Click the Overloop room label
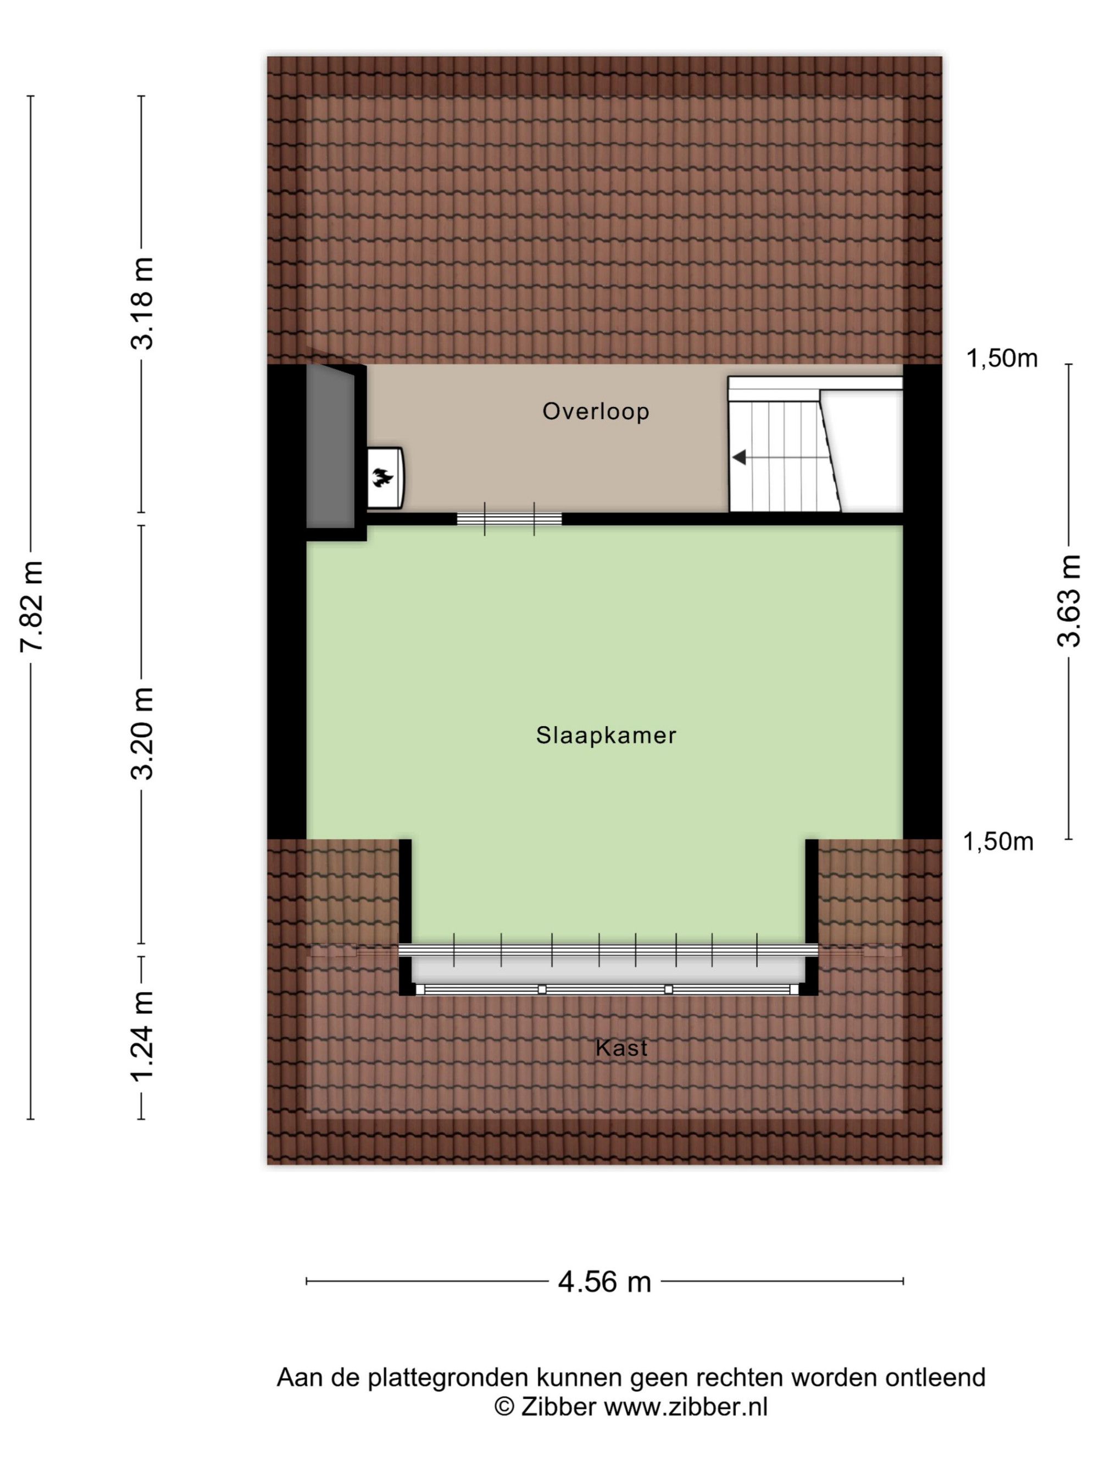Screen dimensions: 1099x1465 click(596, 411)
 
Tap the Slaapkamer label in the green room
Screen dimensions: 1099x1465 click(606, 735)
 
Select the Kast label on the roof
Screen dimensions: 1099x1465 click(621, 1048)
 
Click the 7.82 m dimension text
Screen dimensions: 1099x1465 click(32, 605)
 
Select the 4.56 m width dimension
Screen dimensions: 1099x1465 click(604, 1282)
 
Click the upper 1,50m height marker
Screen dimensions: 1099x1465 click(1002, 358)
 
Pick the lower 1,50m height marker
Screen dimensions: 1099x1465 click(998, 842)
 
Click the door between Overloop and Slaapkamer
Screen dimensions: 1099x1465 click(509, 519)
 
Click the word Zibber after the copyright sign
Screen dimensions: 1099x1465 click(558, 1407)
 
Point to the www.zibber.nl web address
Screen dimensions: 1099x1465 click(686, 1407)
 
